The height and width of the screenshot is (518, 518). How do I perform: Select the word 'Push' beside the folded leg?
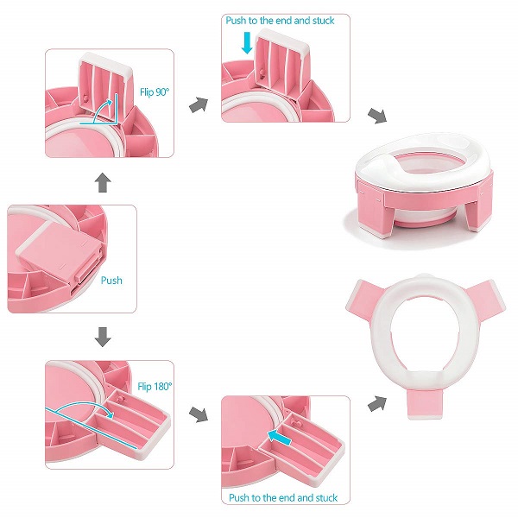[x=111, y=281]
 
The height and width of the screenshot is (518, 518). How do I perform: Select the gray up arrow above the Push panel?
[x=102, y=181]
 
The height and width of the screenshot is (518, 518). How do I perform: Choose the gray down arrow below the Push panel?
[x=102, y=335]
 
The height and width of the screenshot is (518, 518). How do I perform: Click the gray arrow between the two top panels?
[x=199, y=104]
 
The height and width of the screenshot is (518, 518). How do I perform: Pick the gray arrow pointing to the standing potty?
[x=377, y=116]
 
